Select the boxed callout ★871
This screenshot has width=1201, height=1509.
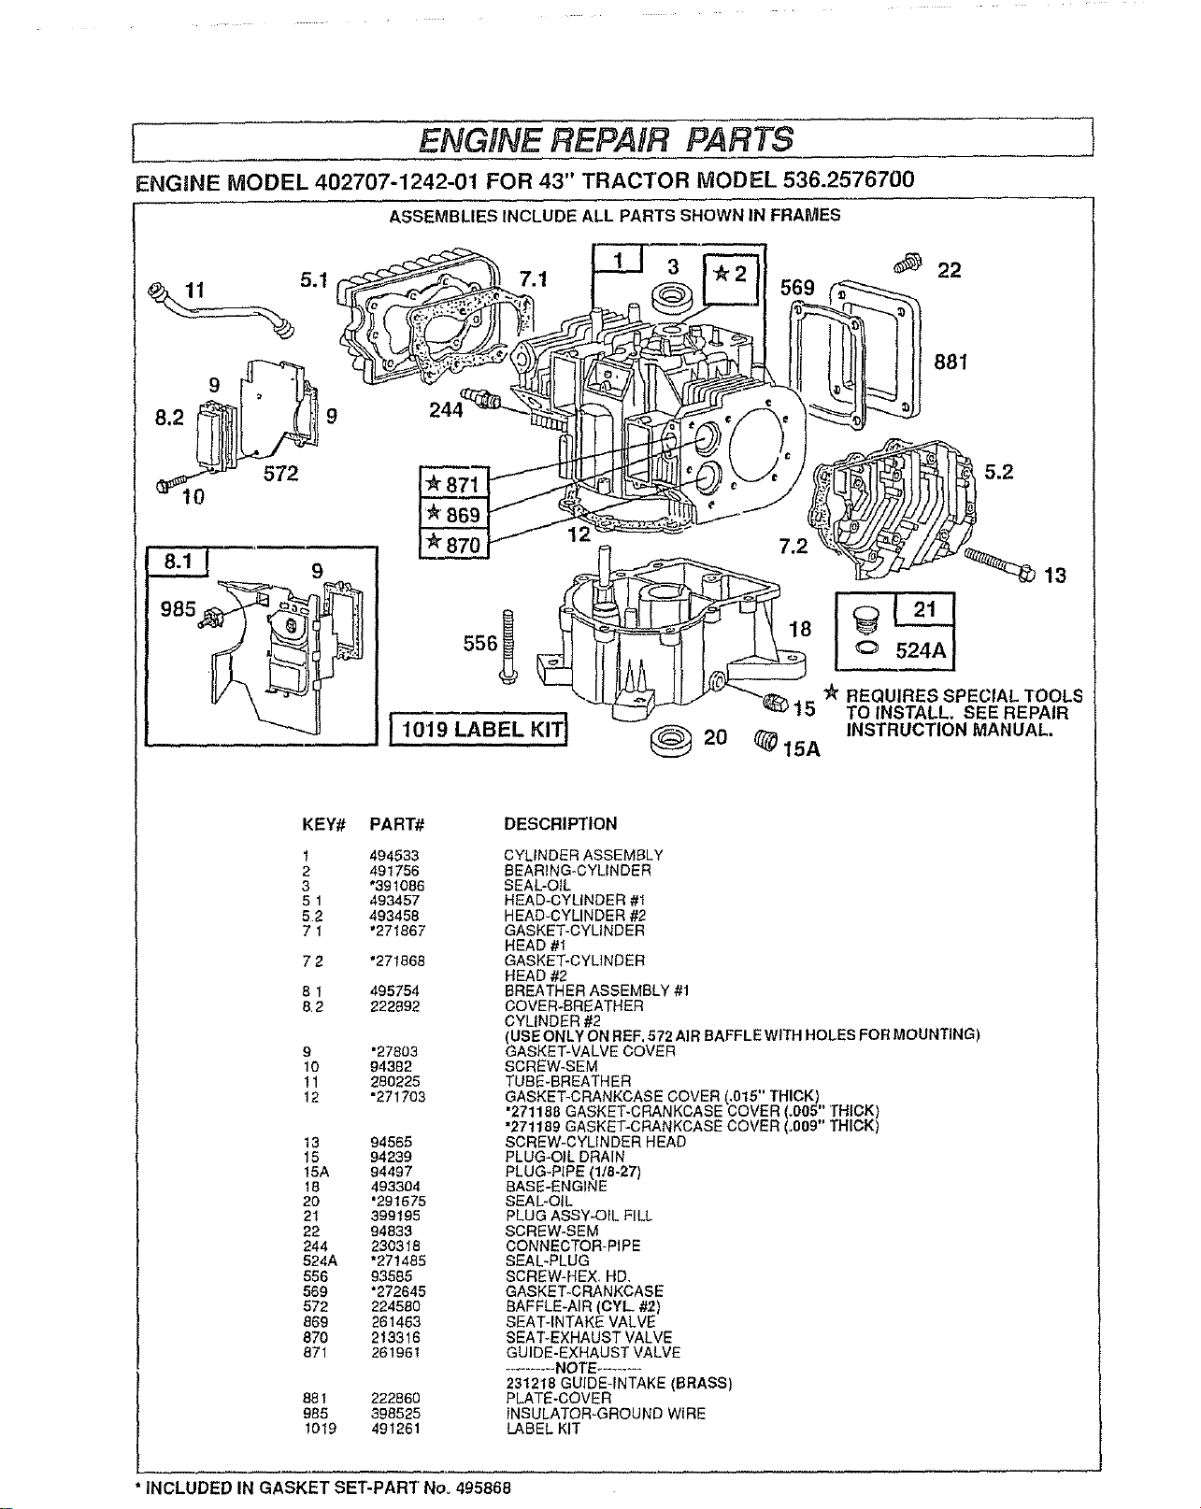(454, 483)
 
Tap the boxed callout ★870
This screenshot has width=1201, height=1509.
(454, 544)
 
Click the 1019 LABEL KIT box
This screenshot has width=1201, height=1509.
(479, 729)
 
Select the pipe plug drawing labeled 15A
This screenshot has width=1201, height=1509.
(765, 740)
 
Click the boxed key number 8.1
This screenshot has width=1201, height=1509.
(178, 562)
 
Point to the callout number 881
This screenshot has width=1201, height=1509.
(951, 362)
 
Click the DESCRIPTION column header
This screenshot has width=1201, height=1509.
(561, 823)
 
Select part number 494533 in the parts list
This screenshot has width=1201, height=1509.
(394, 856)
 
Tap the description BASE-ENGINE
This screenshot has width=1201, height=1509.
(556, 1187)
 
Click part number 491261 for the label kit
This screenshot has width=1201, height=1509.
(395, 1429)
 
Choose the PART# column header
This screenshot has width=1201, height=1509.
(397, 824)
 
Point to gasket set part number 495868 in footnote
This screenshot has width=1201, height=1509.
(482, 1488)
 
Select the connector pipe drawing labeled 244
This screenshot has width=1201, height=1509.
(481, 398)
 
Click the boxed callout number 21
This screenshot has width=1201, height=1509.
(924, 608)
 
